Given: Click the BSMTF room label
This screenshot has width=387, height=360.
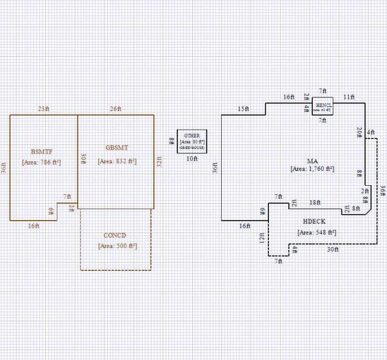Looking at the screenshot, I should [41, 151].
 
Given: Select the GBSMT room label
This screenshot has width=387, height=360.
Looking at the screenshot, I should [116, 148].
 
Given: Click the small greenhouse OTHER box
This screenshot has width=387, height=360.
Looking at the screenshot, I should [192, 141].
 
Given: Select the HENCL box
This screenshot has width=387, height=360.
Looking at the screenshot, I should [322, 107].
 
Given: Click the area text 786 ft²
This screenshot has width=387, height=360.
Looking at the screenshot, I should [41, 162].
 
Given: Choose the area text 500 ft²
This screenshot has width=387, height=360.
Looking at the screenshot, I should [117, 246].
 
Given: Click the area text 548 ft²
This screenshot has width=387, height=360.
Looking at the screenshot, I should [313, 232].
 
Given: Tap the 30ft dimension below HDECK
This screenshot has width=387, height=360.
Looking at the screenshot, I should [332, 249].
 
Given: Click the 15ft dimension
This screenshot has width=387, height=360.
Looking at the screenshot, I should [243, 108].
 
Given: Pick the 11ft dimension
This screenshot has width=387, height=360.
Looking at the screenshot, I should [349, 96].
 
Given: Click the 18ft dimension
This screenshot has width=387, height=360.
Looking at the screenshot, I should [315, 203].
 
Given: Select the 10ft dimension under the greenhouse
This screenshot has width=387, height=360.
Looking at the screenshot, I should [192, 158].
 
